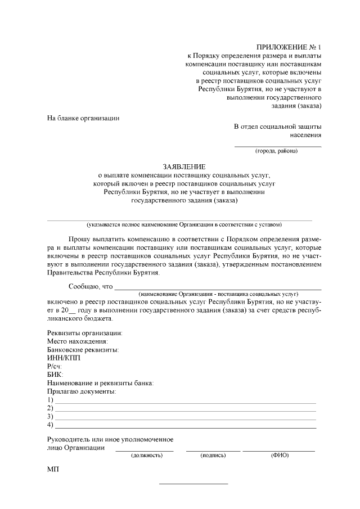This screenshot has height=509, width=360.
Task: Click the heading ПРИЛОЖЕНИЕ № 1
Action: click(289, 47)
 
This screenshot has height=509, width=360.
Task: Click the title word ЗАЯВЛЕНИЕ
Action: click(184, 167)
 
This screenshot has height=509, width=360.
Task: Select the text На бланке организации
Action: click(83, 118)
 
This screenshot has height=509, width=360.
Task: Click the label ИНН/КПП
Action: click(64, 358)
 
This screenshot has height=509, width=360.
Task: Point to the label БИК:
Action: click(55, 374)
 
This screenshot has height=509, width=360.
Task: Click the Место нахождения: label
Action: click(78, 341)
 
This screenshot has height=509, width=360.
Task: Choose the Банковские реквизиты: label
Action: click(83, 349)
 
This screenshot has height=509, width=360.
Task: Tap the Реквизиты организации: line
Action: click(84, 333)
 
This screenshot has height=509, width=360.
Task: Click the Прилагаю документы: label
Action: click(82, 391)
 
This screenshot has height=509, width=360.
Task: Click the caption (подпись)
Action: click(213, 455)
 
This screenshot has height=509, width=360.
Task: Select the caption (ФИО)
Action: click(280, 455)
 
